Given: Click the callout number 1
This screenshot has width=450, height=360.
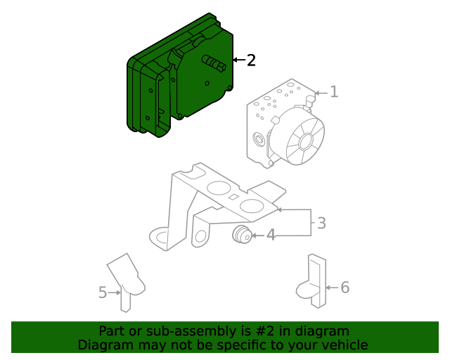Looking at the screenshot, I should (x=334, y=91).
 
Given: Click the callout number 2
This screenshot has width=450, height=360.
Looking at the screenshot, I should (x=251, y=60).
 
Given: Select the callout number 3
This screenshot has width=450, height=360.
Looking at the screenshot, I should (x=321, y=224).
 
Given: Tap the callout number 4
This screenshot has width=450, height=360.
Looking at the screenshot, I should (x=271, y=236).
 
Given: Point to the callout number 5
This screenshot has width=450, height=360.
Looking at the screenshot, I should (x=103, y=292).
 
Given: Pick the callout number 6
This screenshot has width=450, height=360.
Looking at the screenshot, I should (x=345, y=287).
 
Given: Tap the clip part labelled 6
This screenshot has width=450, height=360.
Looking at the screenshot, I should (x=316, y=281).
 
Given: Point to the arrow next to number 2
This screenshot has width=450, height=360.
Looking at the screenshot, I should (x=238, y=60).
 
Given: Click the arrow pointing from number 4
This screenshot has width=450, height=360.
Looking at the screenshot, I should (x=258, y=236).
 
